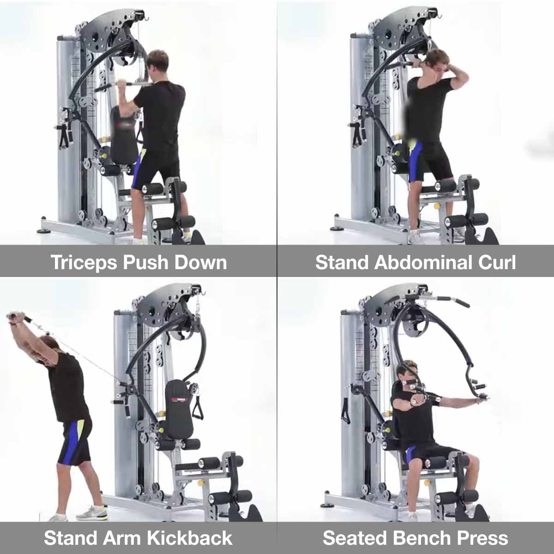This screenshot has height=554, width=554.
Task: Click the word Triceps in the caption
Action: [x=84, y=263]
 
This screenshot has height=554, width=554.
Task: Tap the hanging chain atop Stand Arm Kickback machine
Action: [x=198, y=307]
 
